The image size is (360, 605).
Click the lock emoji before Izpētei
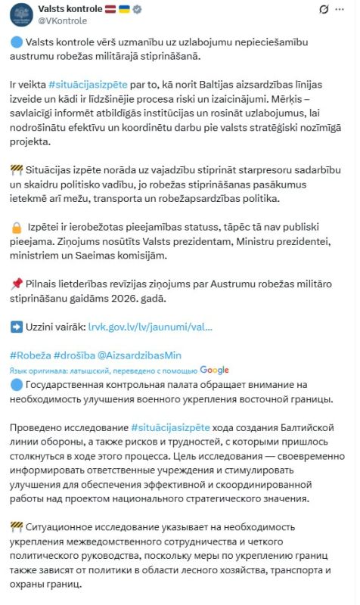click(x=17, y=228)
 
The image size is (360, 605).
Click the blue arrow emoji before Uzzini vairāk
click(x=17, y=327)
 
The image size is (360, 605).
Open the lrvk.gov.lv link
click(x=150, y=328)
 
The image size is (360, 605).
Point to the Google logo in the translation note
click(x=215, y=370)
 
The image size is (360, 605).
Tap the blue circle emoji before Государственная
click(x=17, y=384)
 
